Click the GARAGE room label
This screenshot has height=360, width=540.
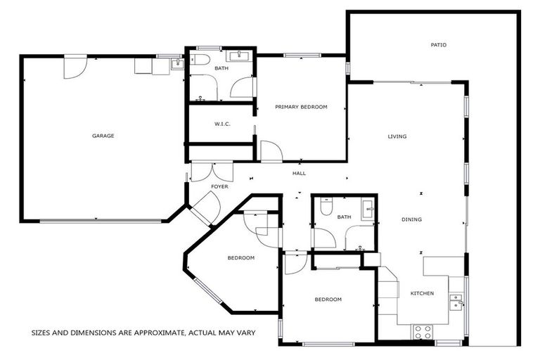tap(103, 136)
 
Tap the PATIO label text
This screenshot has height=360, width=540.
tap(438, 45)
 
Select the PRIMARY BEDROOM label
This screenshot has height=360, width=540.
tap(301, 107)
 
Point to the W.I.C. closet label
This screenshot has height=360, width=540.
tap(222, 124)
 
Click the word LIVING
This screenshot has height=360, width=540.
tap(397, 136)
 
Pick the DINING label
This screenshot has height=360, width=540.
tap(411, 219)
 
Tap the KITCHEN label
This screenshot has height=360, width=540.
tap(422, 293)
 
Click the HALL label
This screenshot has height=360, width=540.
tap(299, 173)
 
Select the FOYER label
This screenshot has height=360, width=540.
tap(220, 186)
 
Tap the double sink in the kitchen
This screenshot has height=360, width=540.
tap(456, 302)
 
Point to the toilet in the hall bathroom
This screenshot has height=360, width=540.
tap(325, 207)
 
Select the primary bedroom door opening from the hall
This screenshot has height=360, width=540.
tap(270, 150)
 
